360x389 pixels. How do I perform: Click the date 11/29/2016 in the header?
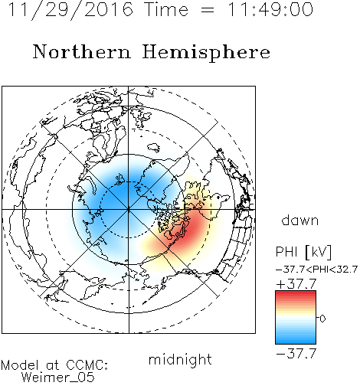pos(70,10)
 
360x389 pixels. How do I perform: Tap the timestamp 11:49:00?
pos(270,10)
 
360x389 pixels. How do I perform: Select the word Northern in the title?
pos(82,51)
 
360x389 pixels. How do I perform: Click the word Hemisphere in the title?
pos(206,53)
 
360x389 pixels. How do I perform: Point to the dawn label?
pos(300,220)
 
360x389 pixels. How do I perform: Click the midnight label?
pos(180,360)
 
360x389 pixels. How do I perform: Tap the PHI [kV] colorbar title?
pos(304,252)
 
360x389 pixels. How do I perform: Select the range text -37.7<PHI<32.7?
pos(316,270)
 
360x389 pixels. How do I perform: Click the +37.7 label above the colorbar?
pos(296,284)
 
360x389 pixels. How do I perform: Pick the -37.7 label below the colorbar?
pos(296,354)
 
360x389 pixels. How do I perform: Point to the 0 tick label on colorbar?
pos(322,319)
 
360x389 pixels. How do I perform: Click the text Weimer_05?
pos(57,378)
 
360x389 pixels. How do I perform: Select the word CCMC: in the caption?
pos(87,365)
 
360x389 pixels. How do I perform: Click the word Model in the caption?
pos(20,365)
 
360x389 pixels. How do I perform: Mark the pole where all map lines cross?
pos(129,209)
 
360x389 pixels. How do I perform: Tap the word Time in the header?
pos(166,10)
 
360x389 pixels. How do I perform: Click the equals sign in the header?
pos(208,11)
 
